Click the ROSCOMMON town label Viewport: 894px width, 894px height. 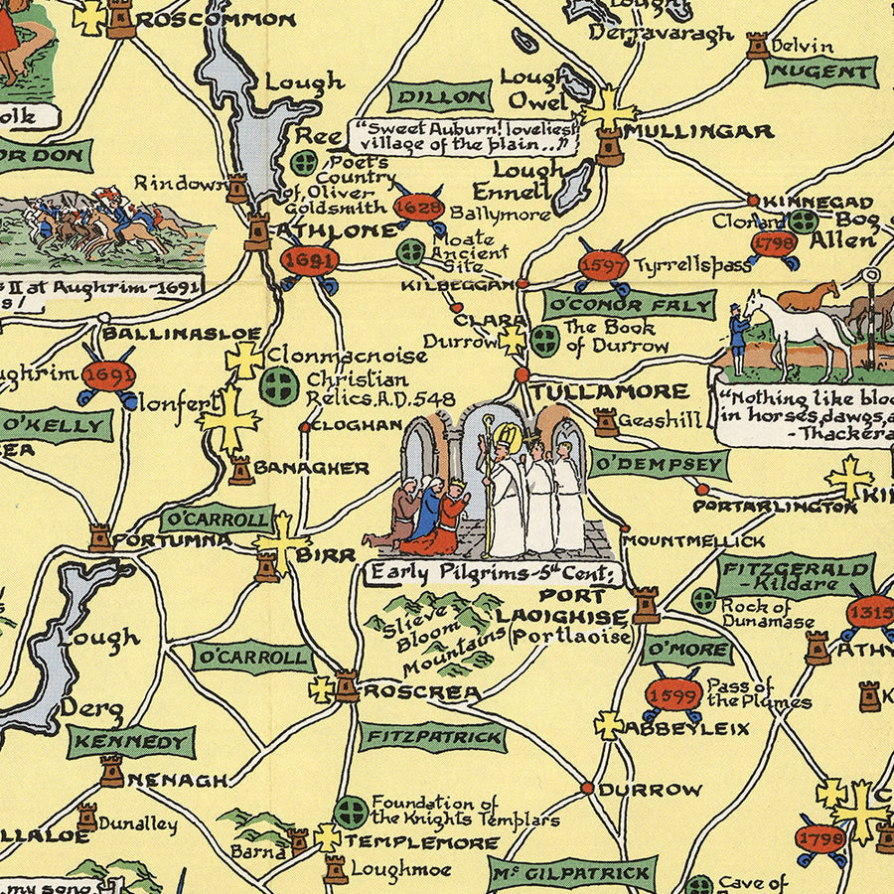pyautogui.click(x=216, y=19)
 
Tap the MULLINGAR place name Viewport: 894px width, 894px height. pyautogui.click(x=699, y=132)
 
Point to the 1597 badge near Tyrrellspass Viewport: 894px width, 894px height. pyautogui.click(x=603, y=266)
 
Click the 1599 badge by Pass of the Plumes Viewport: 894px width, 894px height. pyautogui.click(x=673, y=695)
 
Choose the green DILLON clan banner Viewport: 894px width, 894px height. pyautogui.click(x=439, y=96)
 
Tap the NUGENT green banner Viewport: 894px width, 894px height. pyautogui.click(x=820, y=72)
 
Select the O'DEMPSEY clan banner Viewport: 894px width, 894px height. pyautogui.click(x=659, y=464)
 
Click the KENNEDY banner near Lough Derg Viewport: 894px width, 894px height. pyautogui.click(x=131, y=741)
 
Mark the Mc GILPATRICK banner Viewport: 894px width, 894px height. pyautogui.click(x=572, y=873)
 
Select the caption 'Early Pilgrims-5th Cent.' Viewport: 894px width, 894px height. pyautogui.click(x=494, y=573)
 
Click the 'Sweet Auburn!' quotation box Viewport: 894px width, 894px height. pyautogui.click(x=463, y=136)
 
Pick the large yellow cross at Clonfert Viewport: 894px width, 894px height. pyautogui.click(x=228, y=419)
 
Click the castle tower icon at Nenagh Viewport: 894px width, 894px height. pyautogui.click(x=111, y=771)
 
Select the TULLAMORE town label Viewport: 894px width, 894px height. pyautogui.click(x=608, y=391)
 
